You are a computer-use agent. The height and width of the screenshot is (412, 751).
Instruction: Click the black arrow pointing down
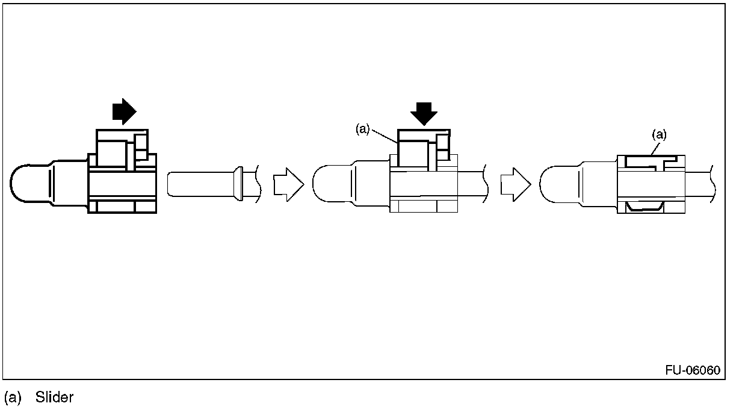coord(425,113)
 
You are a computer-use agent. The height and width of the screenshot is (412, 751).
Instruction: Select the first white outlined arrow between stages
coord(286,184)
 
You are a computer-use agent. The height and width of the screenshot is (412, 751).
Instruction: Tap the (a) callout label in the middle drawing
coord(362,130)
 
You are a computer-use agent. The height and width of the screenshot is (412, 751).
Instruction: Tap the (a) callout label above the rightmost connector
coord(660,135)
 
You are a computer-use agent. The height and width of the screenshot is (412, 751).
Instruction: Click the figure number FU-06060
coord(692,370)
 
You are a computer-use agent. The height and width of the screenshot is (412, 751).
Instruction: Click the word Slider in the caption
coord(54,398)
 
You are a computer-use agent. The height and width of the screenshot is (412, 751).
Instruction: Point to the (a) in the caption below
coord(13,398)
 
